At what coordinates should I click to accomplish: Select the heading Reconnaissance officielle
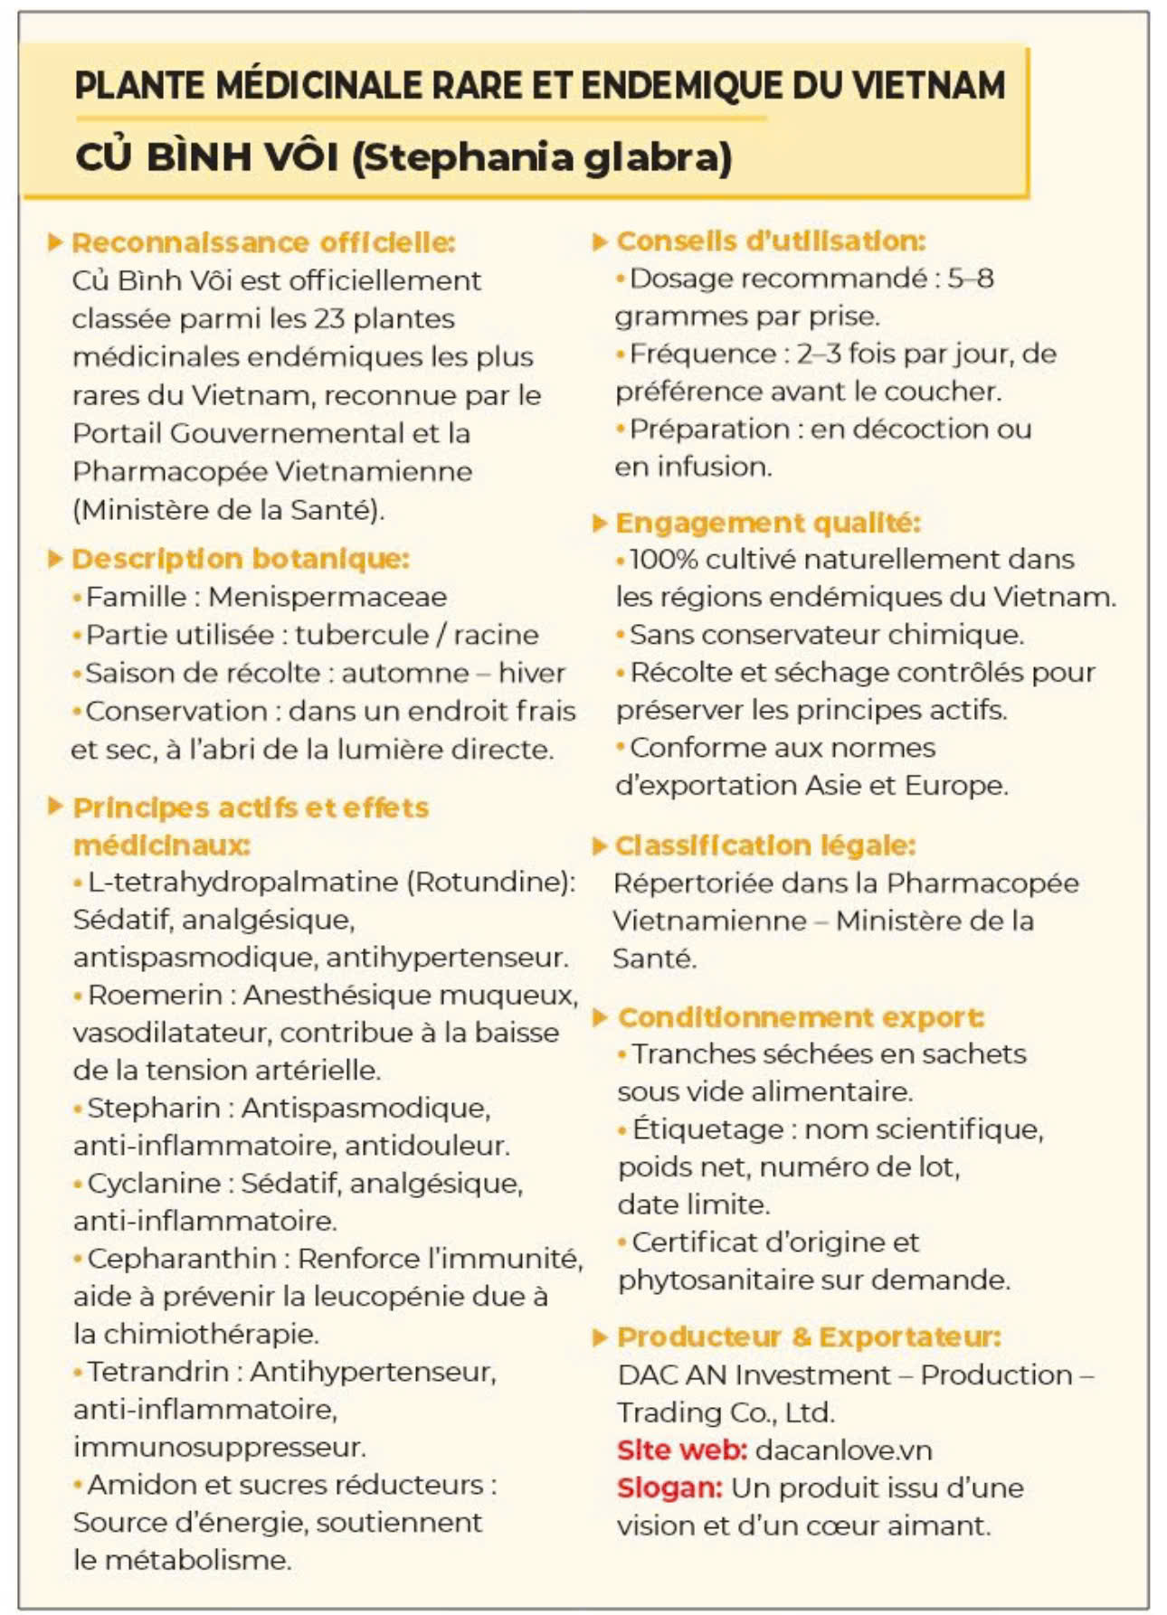pyautogui.click(x=263, y=242)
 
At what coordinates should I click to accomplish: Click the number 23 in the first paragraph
pyautogui.click(x=329, y=318)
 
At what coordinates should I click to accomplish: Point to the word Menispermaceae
pyautogui.click(x=327, y=597)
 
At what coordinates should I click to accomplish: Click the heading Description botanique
pyautogui.click(x=241, y=559)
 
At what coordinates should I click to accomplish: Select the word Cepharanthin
pyautogui.click(x=182, y=1258)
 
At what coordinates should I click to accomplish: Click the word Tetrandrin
pyautogui.click(x=157, y=1371)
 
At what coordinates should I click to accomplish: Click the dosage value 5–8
pyautogui.click(x=971, y=279)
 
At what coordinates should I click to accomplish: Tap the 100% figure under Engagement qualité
pyautogui.click(x=663, y=559)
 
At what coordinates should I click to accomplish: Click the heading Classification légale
pyautogui.click(x=765, y=845)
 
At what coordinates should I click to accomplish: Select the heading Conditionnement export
pyautogui.click(x=801, y=1017)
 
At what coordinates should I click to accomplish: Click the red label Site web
pyautogui.click(x=682, y=1450)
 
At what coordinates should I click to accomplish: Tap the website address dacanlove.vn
pyautogui.click(x=843, y=1450)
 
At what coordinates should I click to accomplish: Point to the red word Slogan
pyautogui.click(x=669, y=1487)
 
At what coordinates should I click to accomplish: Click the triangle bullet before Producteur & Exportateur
pyautogui.click(x=599, y=1337)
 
